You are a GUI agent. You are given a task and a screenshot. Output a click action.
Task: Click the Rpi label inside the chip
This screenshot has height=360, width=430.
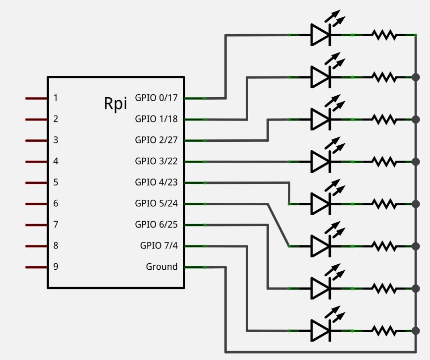[x=115, y=103]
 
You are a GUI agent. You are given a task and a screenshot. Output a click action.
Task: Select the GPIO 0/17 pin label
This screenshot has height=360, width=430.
[x=156, y=98]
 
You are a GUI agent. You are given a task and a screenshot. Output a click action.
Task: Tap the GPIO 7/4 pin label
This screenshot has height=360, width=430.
[x=159, y=245]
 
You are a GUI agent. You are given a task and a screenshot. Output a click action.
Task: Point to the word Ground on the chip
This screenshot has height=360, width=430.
[x=161, y=267]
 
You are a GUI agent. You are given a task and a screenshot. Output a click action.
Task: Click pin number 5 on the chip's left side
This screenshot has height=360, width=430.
[x=56, y=182]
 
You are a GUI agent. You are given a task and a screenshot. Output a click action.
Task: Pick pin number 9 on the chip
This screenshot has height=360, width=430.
[x=56, y=267]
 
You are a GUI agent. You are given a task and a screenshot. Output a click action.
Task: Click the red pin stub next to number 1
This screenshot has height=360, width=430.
[x=36, y=98]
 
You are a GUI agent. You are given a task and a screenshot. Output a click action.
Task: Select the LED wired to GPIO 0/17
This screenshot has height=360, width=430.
[x=321, y=35]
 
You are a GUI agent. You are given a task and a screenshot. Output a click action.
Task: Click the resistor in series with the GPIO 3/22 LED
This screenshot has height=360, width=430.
[x=384, y=162]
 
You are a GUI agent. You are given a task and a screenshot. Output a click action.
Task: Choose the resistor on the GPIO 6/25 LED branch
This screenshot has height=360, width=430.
[x=384, y=288]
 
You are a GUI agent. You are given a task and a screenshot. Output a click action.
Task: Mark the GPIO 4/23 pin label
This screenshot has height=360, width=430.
[x=156, y=182]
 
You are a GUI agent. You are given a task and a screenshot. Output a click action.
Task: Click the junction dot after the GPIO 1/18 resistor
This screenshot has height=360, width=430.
[x=415, y=77]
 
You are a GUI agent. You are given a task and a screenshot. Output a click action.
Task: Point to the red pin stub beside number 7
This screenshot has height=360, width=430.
[x=36, y=225]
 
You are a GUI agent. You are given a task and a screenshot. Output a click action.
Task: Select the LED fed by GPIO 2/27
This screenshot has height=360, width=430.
[x=321, y=119]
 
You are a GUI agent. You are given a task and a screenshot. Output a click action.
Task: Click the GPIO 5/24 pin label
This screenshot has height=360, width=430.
[x=156, y=203]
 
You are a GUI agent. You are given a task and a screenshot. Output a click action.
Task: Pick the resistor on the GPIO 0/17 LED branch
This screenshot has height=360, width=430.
[x=384, y=35]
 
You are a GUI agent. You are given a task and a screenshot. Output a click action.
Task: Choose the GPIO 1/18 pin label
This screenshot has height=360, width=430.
[x=156, y=119]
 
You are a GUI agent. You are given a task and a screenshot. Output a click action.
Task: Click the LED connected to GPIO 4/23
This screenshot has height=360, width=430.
[x=321, y=204]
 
